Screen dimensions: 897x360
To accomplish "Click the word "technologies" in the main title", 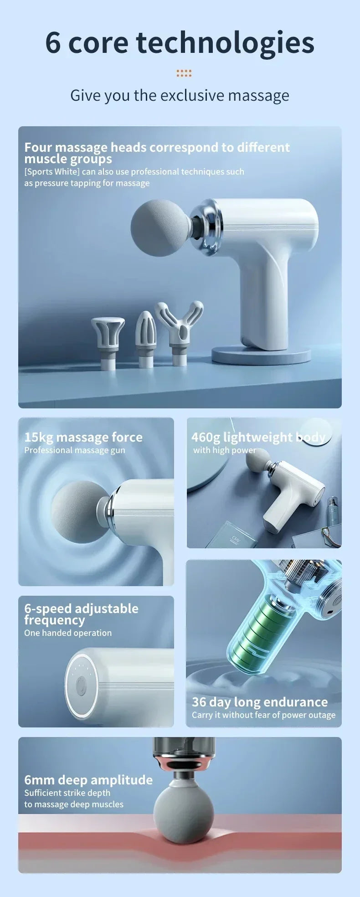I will [x=225, y=43].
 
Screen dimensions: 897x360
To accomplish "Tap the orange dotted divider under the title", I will [x=184, y=73].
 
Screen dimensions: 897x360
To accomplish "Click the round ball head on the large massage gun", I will [x=159, y=227].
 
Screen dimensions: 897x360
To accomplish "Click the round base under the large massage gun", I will [x=261, y=354].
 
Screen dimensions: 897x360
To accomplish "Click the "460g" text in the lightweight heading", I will [x=205, y=438].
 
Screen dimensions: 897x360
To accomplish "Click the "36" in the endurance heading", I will [x=199, y=702].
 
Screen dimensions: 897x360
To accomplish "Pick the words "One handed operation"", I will [x=68, y=633].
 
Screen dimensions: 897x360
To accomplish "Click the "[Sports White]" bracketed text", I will [x=52, y=172].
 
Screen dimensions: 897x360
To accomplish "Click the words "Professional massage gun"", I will [x=75, y=450].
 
